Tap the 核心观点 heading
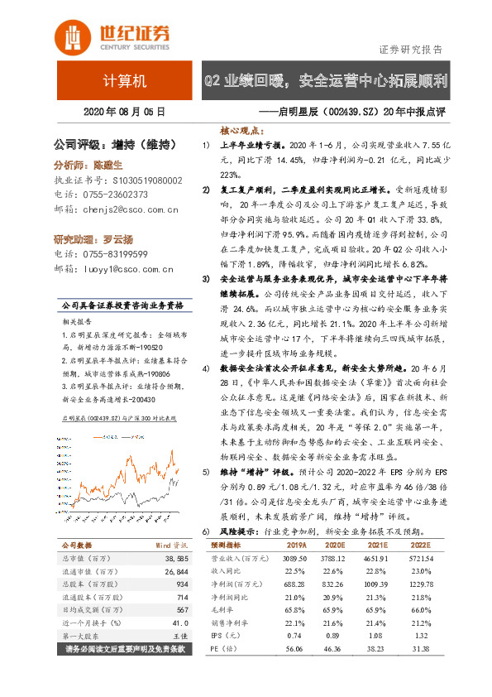click(x=241, y=131)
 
